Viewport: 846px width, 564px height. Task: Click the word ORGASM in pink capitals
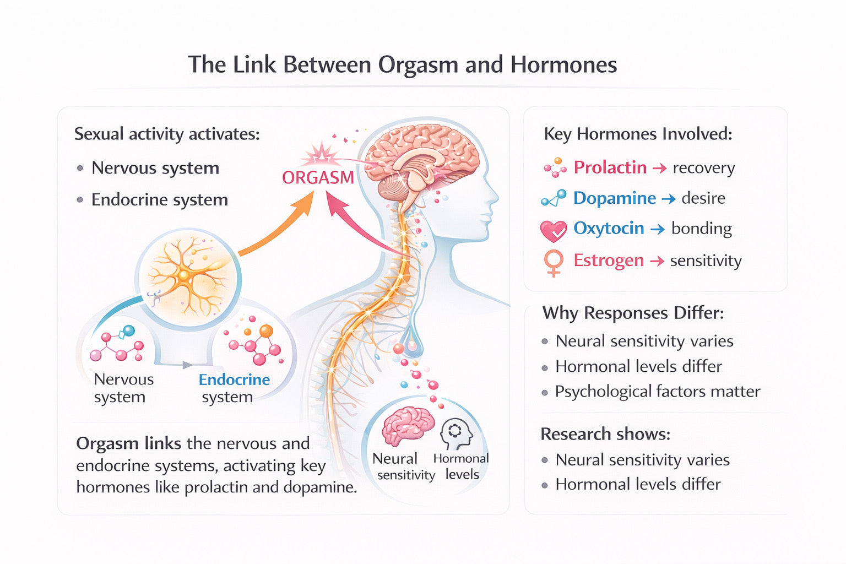click(318, 178)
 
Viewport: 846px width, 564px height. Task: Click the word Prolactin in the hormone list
click(610, 167)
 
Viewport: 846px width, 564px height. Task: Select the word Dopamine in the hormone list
click(614, 198)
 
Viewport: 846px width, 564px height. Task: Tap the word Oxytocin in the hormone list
click(609, 229)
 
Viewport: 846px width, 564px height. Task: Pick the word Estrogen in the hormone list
click(609, 261)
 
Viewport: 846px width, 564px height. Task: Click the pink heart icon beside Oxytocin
click(553, 231)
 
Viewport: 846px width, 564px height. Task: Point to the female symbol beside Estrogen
click(554, 263)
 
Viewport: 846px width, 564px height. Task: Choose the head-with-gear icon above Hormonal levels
click(456, 433)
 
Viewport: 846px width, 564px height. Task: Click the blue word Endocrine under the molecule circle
click(234, 380)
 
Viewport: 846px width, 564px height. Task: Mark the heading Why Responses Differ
click(633, 313)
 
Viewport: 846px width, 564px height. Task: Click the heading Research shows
click(605, 434)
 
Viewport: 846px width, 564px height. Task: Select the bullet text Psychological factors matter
click(658, 392)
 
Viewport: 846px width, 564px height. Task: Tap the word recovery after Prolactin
click(703, 168)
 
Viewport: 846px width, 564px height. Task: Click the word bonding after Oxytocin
click(701, 229)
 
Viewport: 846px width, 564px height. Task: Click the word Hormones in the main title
click(563, 65)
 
